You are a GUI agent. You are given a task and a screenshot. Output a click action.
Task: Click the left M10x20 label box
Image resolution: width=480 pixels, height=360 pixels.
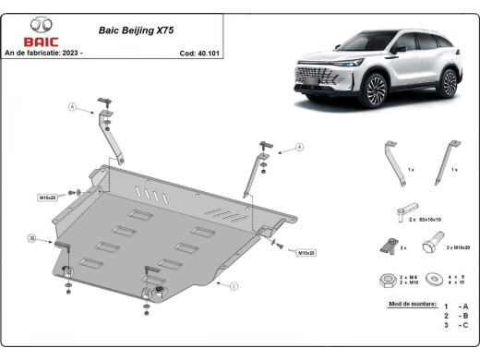pyautogui.click(x=47, y=198)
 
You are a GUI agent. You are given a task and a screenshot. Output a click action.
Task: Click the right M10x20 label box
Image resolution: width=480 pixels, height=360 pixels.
pyautogui.click(x=305, y=252)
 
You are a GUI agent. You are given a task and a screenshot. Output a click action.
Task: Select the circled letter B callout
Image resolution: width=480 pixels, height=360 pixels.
pyautogui.click(x=31, y=239)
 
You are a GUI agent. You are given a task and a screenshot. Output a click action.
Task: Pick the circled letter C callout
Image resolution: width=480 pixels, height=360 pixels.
pyautogui.click(x=234, y=287)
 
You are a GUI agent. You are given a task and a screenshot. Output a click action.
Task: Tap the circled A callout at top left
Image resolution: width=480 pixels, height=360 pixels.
pyautogui.click(x=71, y=108)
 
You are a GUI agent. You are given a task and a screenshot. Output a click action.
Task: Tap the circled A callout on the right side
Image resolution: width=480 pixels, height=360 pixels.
pyautogui.click(x=299, y=147)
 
